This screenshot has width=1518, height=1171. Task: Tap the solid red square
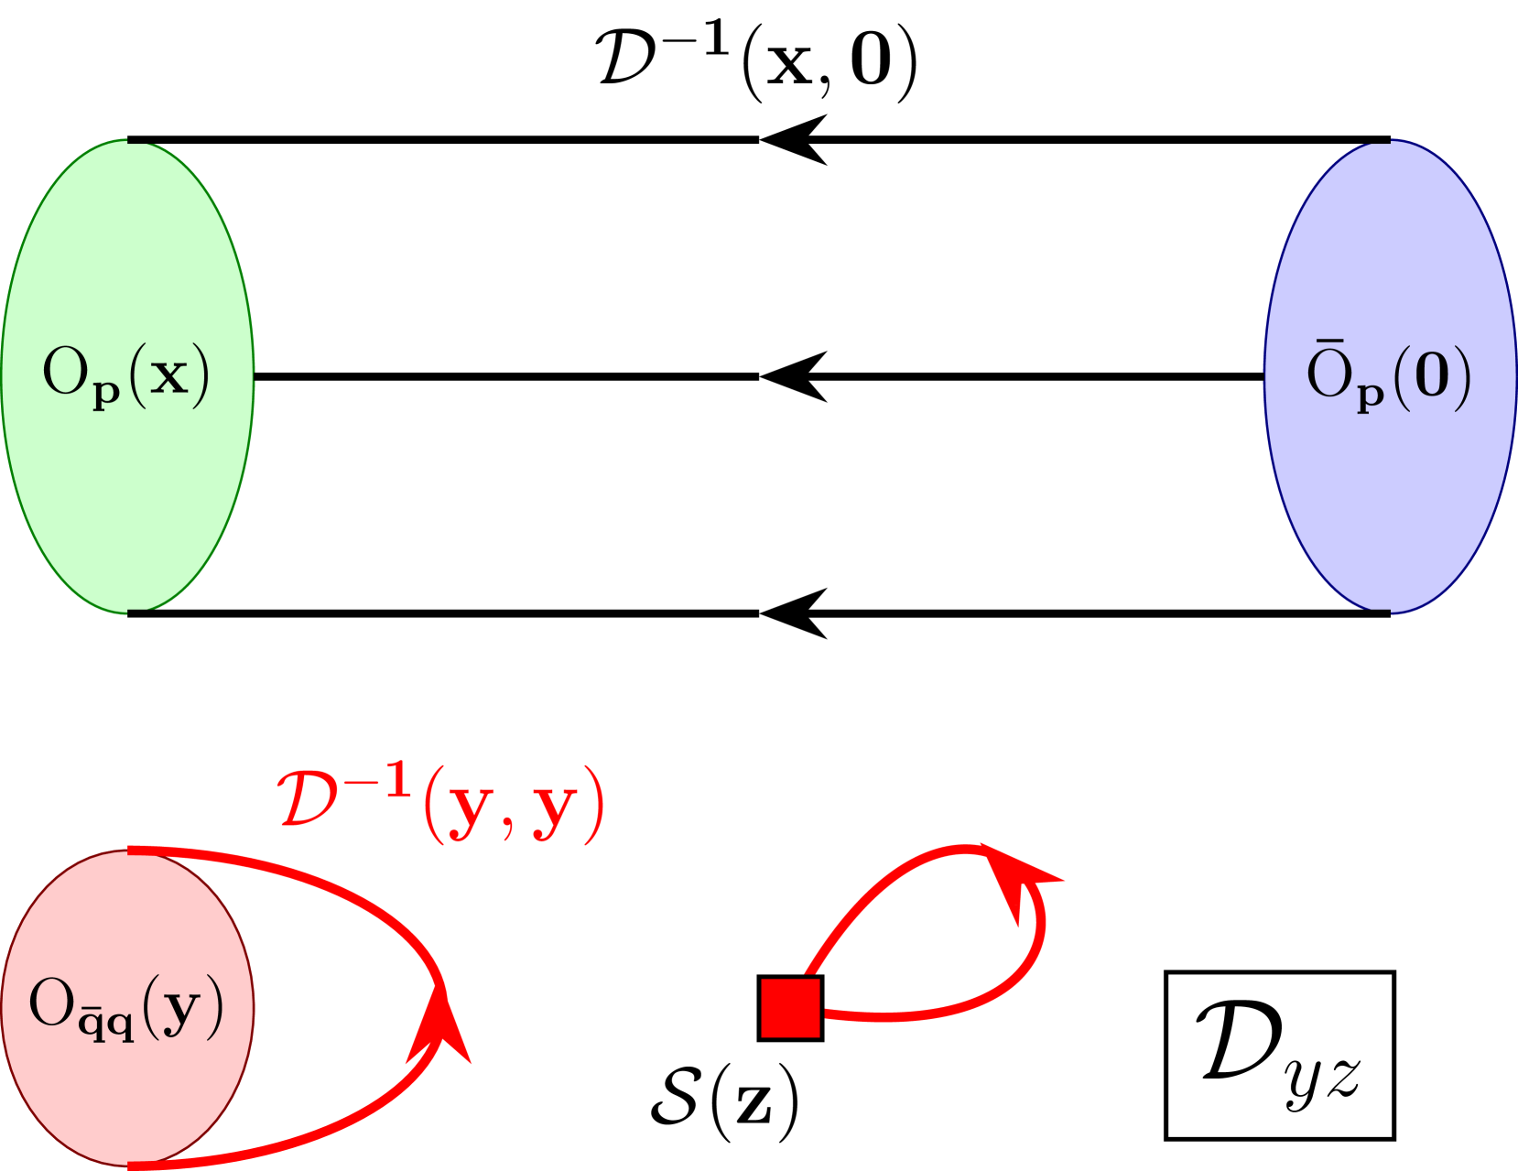point(790,1008)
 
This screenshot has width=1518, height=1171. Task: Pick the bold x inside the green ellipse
point(168,375)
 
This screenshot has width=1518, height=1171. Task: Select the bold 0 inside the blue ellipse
point(1432,376)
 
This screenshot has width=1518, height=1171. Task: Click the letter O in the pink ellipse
point(51,1003)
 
